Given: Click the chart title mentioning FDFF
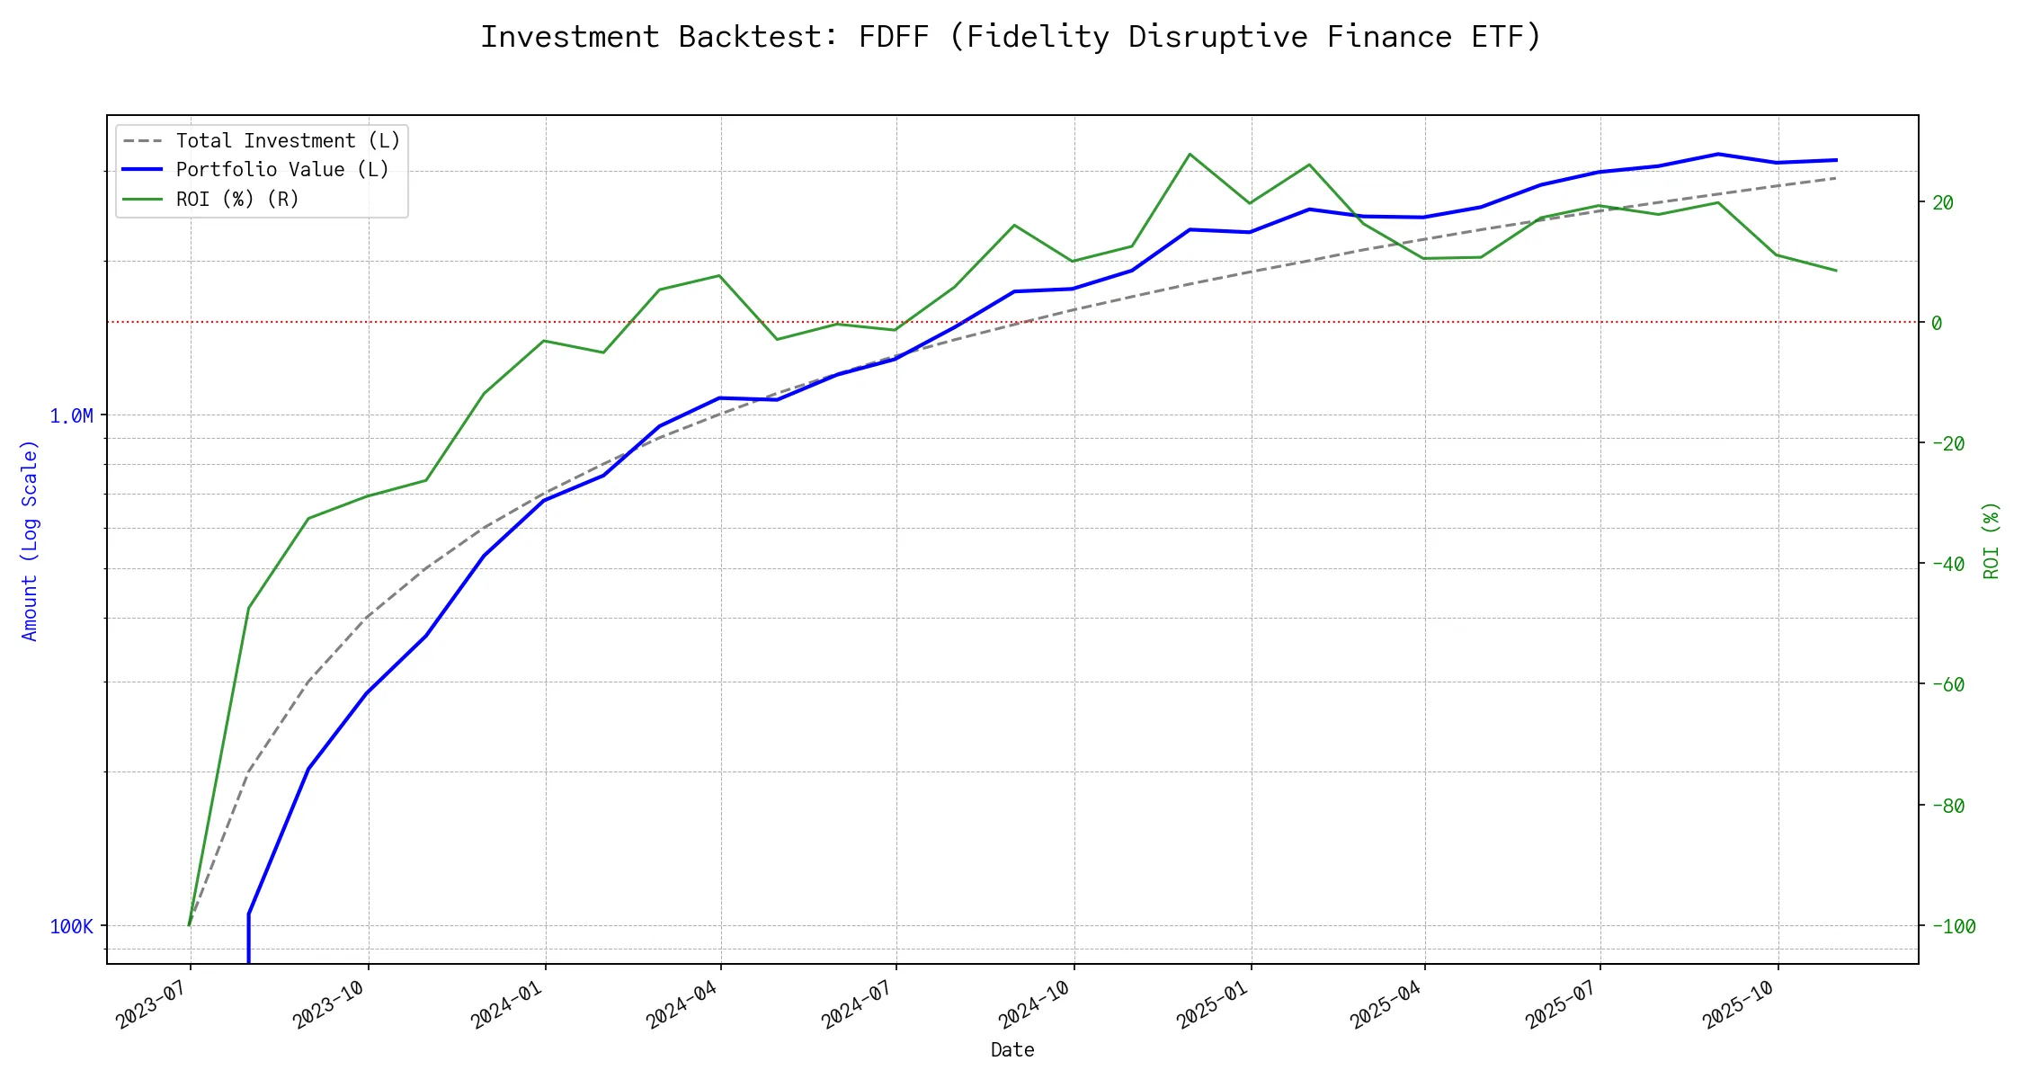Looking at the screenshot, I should [x=1011, y=37].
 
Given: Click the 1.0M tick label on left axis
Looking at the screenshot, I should [x=71, y=415].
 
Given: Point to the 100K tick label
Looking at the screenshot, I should [x=71, y=926].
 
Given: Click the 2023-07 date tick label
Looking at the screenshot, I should [x=151, y=1003].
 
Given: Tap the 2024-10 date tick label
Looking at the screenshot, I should [x=1034, y=1003].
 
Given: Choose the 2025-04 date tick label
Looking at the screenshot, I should [x=1386, y=1003].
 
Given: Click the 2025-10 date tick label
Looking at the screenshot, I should [x=1739, y=1003].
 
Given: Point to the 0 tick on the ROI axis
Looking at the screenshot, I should [x=1937, y=323].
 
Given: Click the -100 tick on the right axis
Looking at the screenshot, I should [x=1954, y=926].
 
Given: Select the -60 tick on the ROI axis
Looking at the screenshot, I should [x=1948, y=684].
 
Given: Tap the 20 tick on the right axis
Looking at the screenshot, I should [x=1943, y=202].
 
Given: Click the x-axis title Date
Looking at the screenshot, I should [x=1012, y=1049].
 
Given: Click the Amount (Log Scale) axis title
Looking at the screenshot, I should [x=30, y=539].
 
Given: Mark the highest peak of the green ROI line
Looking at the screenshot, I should [x=1190, y=154].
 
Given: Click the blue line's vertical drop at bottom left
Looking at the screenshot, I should [x=248, y=940].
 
